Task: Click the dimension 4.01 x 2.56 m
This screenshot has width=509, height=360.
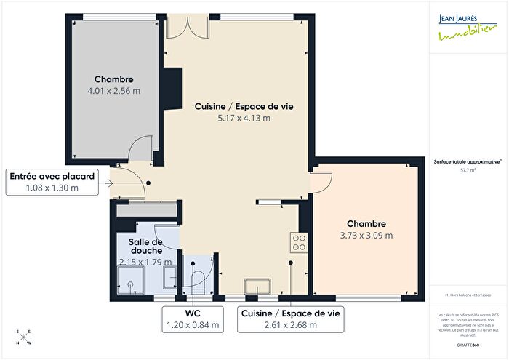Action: point(113,91)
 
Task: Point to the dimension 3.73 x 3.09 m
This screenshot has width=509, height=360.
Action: point(366,235)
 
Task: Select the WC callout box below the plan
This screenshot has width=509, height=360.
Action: point(193,319)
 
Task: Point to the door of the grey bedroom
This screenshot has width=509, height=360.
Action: point(140,151)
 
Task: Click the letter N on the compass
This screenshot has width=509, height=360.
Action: point(29,341)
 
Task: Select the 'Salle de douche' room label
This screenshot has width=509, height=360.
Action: point(145,246)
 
